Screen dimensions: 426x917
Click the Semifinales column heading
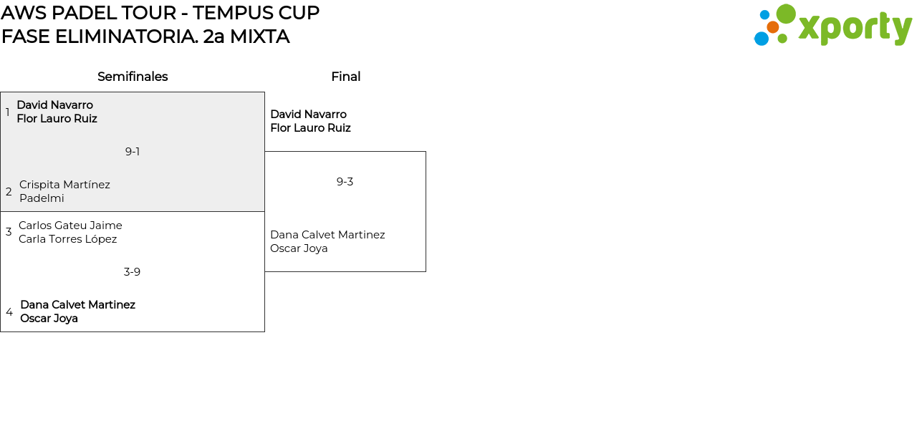tap(133, 77)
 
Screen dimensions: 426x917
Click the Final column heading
tap(345, 77)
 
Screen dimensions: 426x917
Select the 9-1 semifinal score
tap(133, 152)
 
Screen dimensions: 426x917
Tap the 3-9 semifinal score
tap(132, 272)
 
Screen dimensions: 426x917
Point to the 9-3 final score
tap(345, 182)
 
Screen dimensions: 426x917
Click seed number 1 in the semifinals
tap(8, 112)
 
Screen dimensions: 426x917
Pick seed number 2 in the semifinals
tap(9, 192)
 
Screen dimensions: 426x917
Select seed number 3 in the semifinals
tap(9, 232)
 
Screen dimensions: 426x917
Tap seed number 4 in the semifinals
tap(9, 312)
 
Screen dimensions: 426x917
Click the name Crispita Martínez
tap(64, 185)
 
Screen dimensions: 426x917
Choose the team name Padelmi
tap(42, 198)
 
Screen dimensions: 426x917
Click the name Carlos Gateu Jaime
tap(70, 226)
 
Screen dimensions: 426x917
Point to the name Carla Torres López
tap(67, 239)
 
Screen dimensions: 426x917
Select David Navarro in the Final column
tap(308, 115)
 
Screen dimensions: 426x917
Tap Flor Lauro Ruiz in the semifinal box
tap(57, 119)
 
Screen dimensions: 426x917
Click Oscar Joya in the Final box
tap(299, 248)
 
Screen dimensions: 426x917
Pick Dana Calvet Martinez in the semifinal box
tap(77, 305)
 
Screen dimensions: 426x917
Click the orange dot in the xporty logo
tap(772, 27)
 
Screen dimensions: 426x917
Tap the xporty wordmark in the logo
tap(855, 28)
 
